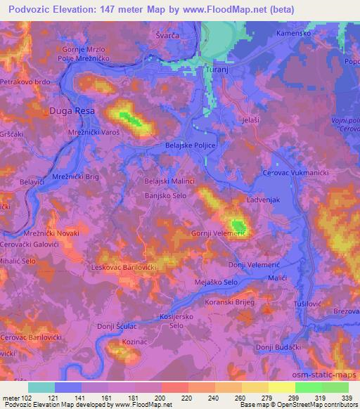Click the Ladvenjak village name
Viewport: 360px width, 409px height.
264,200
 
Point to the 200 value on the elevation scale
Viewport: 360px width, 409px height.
160,397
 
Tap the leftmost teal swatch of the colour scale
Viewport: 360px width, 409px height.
41,387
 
